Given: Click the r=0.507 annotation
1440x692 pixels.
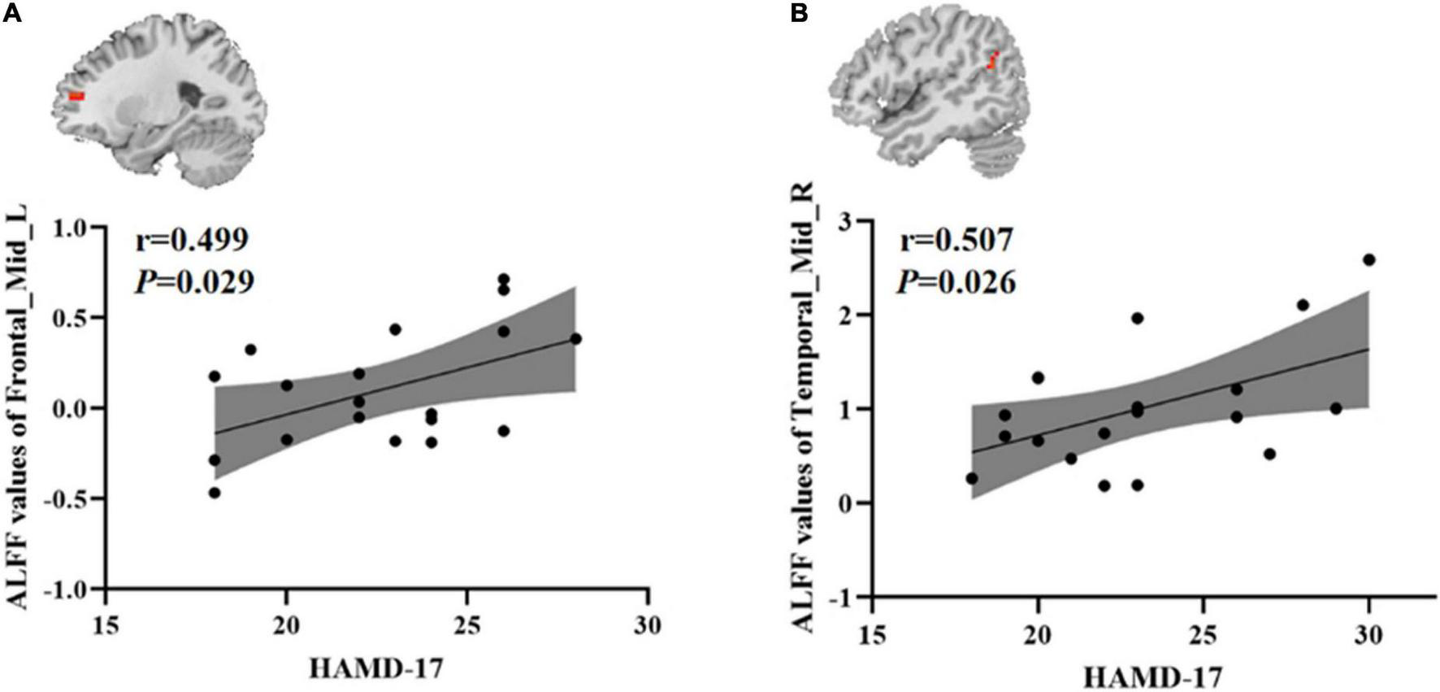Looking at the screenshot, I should (956, 241).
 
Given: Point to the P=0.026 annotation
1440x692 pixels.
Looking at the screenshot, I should (956, 282).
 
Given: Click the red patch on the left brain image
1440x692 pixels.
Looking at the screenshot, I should (76, 96).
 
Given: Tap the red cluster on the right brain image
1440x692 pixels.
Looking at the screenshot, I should (992, 60).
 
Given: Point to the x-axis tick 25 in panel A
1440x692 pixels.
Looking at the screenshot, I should (466, 626).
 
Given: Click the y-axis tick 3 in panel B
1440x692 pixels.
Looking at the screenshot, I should (850, 220).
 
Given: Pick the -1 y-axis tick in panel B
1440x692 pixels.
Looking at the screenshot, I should (845, 598).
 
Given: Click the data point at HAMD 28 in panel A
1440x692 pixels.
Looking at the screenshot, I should (575, 338).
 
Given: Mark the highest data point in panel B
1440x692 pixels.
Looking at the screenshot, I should (1368, 260).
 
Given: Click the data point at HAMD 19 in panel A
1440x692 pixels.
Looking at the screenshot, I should (250, 350).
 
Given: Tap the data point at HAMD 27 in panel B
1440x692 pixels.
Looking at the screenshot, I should (1269, 454).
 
